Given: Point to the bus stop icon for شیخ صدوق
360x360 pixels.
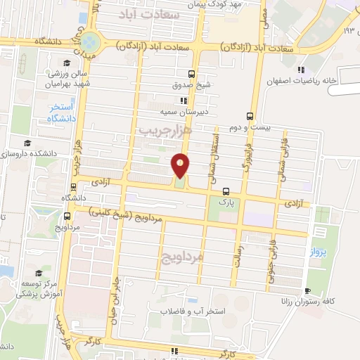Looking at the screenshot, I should tap(192, 73).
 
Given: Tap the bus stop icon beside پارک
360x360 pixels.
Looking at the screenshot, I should tap(226, 191).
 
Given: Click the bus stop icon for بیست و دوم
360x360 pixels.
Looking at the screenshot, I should tap(251, 117).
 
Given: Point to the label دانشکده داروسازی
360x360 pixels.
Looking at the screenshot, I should tap(28, 153).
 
